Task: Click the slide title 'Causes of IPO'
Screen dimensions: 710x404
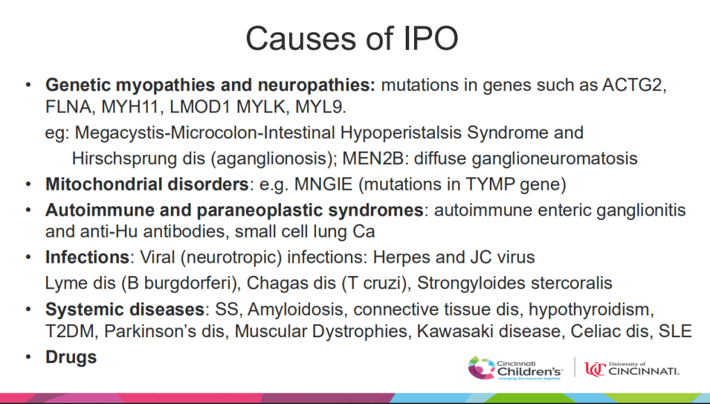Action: (352, 38)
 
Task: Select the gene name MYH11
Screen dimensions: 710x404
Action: (130, 106)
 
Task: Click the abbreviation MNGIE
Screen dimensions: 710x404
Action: (323, 184)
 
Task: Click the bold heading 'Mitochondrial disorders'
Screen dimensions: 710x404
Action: (147, 184)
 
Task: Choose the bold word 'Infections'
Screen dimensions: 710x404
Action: (87, 257)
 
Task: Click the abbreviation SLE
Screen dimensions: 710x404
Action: (675, 331)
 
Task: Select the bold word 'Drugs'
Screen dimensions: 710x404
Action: (71, 357)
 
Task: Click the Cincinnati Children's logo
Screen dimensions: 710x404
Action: (515, 368)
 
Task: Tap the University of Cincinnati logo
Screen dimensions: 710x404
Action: (631, 369)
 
